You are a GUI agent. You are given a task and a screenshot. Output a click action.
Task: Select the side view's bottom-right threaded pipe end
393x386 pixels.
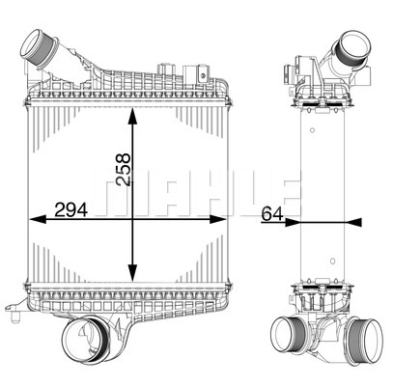coord(366,339)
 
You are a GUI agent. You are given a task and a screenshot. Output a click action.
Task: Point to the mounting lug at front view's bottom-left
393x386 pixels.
coord(14,311)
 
